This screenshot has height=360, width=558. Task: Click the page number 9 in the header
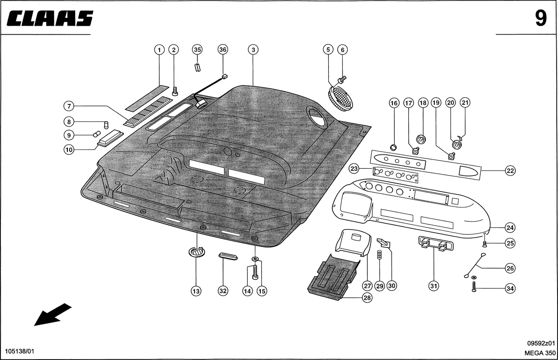coord(540,18)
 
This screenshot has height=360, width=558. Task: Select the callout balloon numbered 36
coord(223,50)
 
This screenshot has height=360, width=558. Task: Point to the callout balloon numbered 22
coord(510,171)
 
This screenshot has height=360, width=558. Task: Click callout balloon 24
coord(510,227)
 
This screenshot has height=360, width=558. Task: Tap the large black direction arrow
coord(53,314)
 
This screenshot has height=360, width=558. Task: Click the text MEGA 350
coord(540,353)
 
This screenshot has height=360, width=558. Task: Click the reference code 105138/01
coord(19,351)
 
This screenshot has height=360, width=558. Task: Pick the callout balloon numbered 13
coord(196,291)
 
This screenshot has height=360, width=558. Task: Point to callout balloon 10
coord(68,150)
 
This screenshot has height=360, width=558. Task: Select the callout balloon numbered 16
coord(394,103)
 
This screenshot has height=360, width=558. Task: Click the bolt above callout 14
coord(255,271)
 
